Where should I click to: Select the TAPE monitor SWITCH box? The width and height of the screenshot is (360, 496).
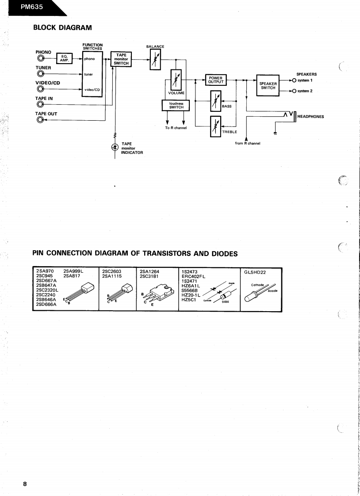[121, 59]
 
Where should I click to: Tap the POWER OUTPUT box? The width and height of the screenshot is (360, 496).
[215, 80]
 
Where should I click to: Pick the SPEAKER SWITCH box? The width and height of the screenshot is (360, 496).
[268, 85]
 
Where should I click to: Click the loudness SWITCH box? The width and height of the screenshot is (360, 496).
[176, 105]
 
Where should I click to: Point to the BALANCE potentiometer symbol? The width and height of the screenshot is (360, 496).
[155, 59]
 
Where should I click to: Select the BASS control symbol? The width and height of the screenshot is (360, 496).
[215, 101]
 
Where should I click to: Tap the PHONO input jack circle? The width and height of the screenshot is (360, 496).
[41, 58]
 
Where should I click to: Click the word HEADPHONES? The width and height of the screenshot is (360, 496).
[310, 117]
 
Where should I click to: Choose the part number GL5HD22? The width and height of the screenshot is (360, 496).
[254, 272]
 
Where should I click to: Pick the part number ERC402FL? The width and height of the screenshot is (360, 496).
[194, 276]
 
